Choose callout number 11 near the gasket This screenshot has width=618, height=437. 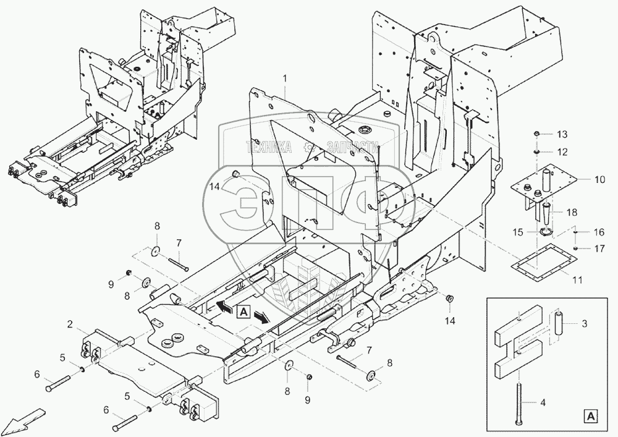pyautogui.click(x=577, y=280)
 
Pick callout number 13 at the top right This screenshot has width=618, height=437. pyautogui.click(x=561, y=135)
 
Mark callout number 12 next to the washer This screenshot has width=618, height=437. pyautogui.click(x=561, y=151)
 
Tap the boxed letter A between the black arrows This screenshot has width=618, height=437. pyautogui.click(x=243, y=312)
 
